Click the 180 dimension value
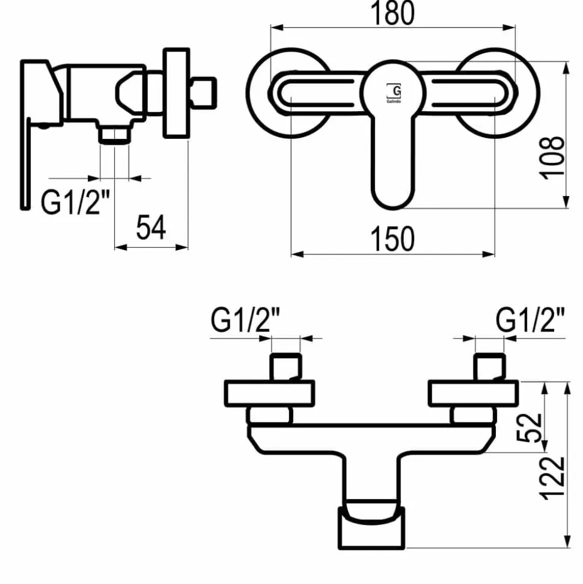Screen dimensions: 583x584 (392, 13)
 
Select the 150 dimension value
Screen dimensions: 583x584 (392, 239)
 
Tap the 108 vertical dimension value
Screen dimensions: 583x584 (552, 158)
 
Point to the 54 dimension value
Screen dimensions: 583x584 (151, 227)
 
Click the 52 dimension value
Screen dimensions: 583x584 (530, 427)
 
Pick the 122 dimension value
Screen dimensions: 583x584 (552, 478)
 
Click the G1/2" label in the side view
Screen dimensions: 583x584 (75, 202)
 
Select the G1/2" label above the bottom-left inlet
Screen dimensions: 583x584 (245, 320)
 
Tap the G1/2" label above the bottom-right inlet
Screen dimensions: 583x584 (530, 320)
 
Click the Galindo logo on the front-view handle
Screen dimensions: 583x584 (394, 93)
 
